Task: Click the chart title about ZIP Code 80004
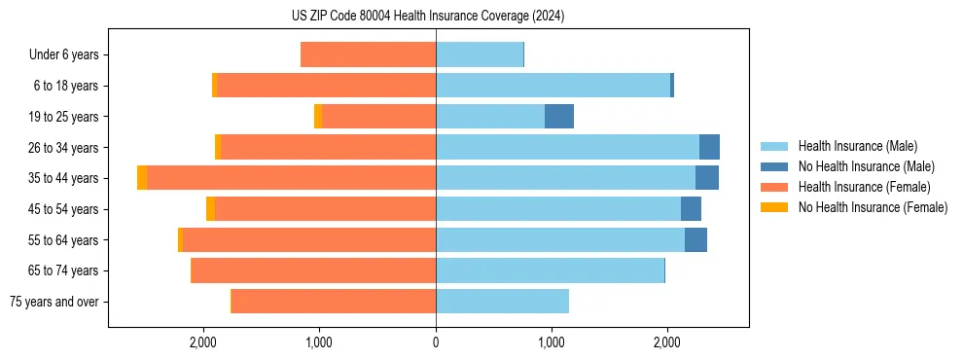(428, 17)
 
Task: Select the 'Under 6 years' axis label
(64, 55)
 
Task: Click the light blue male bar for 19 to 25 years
(490, 117)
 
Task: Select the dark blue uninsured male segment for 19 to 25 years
(559, 117)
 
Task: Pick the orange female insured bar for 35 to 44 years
(292, 178)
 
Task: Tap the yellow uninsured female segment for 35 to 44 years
(142, 178)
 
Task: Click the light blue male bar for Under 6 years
(480, 55)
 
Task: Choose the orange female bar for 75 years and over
(334, 302)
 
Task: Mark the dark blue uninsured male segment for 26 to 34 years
(709, 148)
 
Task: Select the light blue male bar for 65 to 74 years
(550, 270)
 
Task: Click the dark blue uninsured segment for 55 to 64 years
(695, 240)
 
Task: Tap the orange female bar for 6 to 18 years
(326, 86)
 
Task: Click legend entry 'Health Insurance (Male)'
(857, 146)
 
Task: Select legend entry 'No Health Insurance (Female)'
(873, 207)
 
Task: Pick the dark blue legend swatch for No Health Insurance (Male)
(774, 166)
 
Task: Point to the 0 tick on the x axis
(436, 342)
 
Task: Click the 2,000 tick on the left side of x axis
(203, 342)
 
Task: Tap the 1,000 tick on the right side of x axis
(552, 342)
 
